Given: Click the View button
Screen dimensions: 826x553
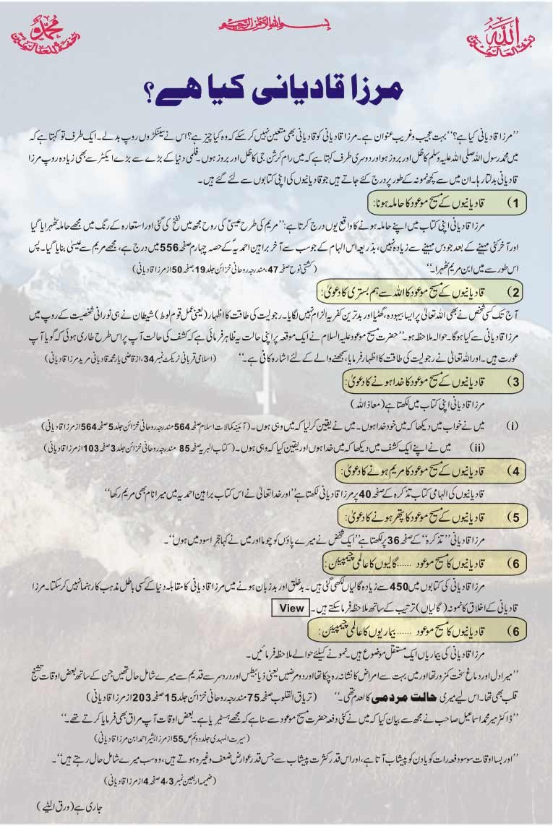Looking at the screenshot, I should pyautogui.click(x=291, y=608).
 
